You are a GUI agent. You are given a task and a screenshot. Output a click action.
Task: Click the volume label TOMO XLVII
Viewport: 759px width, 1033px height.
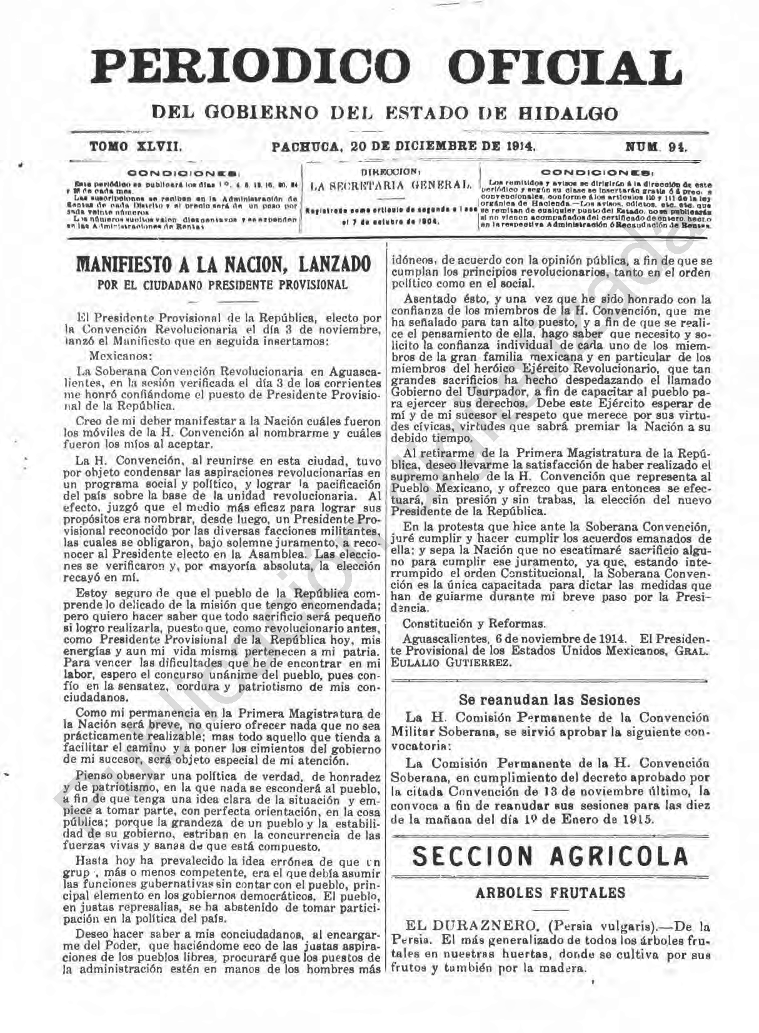coord(136,148)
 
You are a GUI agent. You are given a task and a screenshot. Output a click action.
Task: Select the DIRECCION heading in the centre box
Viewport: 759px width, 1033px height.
coord(390,171)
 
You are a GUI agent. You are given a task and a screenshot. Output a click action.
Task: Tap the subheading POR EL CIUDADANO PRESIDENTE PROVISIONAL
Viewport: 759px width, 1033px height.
coord(223,285)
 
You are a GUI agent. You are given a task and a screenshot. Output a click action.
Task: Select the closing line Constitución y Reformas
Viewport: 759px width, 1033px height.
coord(473,623)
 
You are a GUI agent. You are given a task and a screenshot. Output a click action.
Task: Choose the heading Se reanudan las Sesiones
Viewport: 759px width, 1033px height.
coord(550,700)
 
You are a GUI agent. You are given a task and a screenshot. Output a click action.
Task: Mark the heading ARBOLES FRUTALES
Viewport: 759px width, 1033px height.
coord(550,893)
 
